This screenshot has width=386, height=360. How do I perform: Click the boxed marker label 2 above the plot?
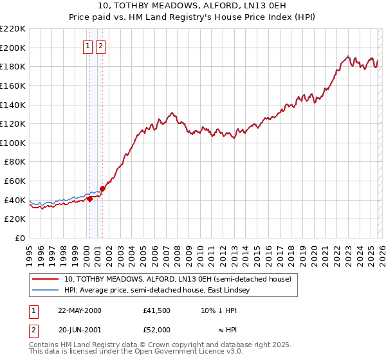[x=101, y=46]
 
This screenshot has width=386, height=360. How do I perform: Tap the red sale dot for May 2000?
[x=90, y=199]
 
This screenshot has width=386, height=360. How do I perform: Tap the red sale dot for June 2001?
[x=102, y=188]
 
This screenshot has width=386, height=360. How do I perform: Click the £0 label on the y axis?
[x=21, y=238]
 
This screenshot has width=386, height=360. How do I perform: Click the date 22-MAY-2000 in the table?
[x=79, y=310]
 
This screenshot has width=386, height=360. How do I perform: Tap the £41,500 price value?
[x=157, y=310]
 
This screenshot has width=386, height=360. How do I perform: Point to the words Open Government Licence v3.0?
[x=197, y=353]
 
